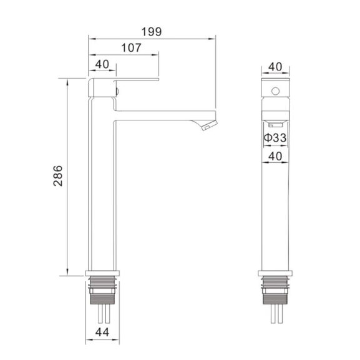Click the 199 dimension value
[152, 32]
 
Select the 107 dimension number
[131, 48]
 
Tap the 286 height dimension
[58, 176]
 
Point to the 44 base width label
[102, 332]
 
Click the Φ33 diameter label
[275, 138]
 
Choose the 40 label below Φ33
[275, 157]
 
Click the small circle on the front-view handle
[275, 91]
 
